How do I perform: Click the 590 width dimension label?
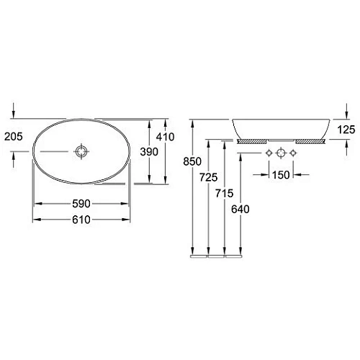(81, 204)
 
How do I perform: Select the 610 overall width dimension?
(81, 220)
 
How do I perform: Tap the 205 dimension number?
(14, 137)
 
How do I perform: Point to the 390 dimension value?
(149, 152)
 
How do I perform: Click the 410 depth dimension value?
(165, 137)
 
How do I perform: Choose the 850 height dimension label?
(192, 161)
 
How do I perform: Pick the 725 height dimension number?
(209, 177)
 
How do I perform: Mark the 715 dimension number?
(225, 193)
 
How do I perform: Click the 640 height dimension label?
(240, 210)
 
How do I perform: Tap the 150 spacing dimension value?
(281, 175)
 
